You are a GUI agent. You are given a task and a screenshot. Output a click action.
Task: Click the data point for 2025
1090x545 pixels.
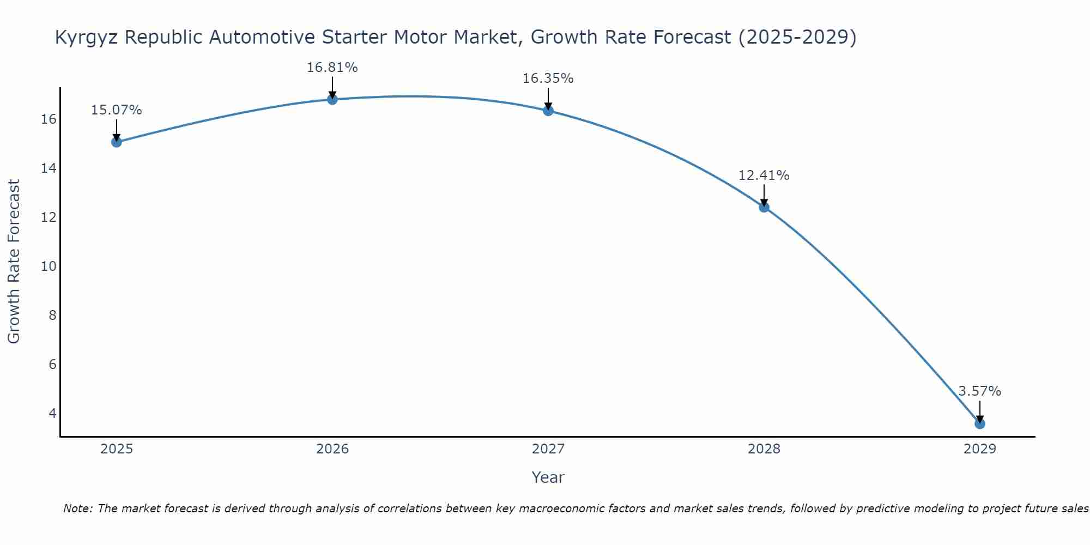point(116,142)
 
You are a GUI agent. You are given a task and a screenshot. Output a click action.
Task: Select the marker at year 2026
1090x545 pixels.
point(332,99)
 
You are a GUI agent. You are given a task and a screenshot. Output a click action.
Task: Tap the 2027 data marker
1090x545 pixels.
point(548,111)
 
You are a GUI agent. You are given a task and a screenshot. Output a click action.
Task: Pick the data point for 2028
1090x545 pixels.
point(764,207)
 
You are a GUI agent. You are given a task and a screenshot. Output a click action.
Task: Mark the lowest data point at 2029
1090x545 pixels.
point(979,423)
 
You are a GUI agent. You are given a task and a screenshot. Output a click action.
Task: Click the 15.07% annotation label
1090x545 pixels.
point(116,110)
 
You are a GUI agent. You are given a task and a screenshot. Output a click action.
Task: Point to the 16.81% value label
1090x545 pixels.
point(332,68)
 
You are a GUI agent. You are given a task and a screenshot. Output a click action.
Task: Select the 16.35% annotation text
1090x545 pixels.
point(548,78)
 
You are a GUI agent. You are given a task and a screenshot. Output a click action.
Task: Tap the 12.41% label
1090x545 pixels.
point(764,175)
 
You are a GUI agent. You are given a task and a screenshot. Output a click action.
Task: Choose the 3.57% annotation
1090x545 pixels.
point(979,391)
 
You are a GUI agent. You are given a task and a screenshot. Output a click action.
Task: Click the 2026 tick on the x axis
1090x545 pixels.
point(332,449)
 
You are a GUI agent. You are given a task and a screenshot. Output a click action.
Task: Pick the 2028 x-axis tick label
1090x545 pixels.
point(764,449)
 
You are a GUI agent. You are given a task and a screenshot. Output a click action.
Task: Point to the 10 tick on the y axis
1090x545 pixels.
point(49,267)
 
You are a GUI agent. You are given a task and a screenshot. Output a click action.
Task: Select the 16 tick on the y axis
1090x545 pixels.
point(49,119)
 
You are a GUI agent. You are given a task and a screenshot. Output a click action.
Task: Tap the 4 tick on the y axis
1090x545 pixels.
point(52,413)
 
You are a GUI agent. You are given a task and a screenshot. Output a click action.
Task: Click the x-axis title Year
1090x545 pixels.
point(548,477)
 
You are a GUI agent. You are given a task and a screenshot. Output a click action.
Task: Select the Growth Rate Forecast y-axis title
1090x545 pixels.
point(14,262)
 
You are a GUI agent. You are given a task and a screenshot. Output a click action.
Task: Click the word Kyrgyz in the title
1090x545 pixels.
point(87,38)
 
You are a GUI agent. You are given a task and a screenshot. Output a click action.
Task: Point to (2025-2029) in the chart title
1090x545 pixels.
point(797,38)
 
